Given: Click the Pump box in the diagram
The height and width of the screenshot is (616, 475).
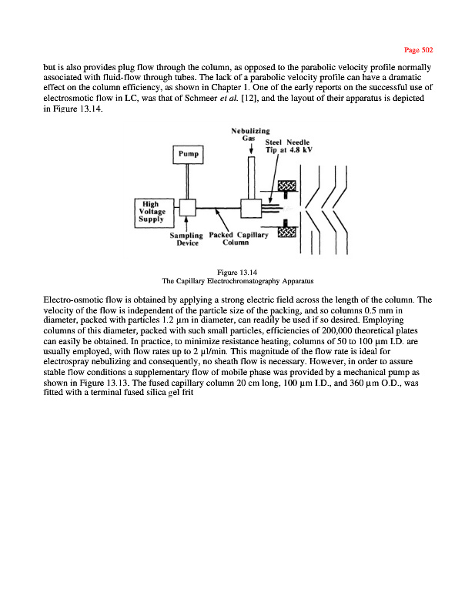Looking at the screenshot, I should click(x=188, y=154).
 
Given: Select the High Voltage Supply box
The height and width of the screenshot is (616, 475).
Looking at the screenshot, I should click(x=149, y=211).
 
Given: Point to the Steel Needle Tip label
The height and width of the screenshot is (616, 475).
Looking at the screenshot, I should click(x=288, y=146).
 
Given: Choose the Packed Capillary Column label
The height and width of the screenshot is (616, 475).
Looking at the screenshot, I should click(x=239, y=239).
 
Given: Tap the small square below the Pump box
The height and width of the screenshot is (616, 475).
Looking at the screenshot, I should click(x=186, y=208).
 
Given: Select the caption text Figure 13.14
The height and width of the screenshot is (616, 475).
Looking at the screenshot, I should click(x=236, y=270).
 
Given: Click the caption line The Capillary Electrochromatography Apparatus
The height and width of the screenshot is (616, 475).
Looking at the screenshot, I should click(x=236, y=279).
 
